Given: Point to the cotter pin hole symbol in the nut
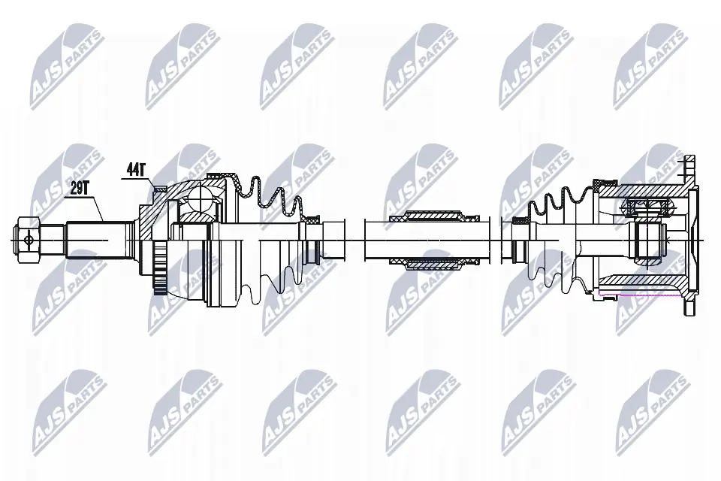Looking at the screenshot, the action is tap(29, 239).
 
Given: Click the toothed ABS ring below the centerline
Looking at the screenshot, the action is tap(159, 269).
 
